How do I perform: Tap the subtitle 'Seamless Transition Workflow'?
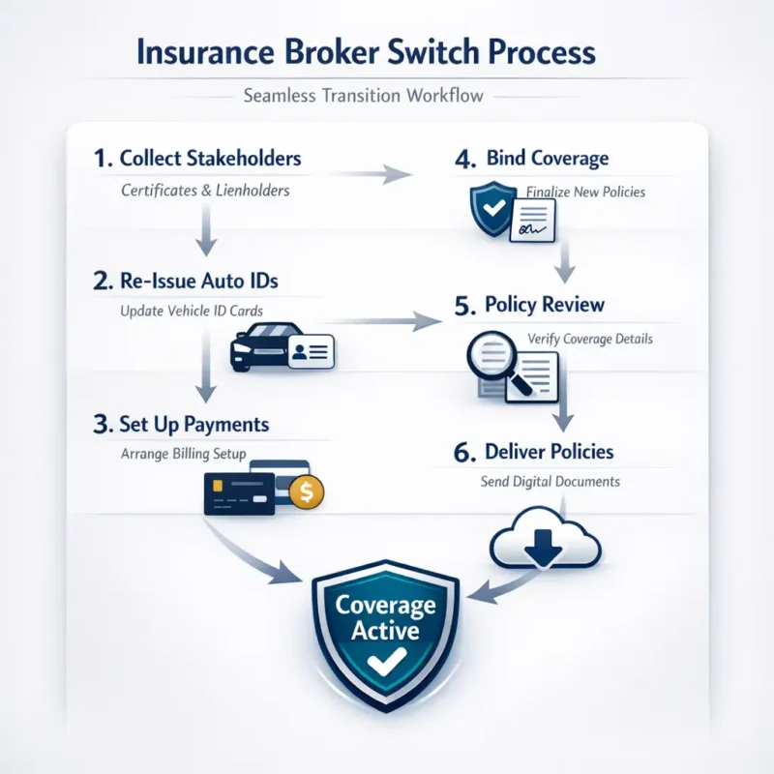pyautogui.click(x=387, y=96)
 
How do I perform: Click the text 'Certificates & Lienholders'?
pyautogui.click(x=205, y=191)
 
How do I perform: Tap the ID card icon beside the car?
pyautogui.click(x=309, y=350)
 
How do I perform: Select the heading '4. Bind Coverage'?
pyautogui.click(x=535, y=158)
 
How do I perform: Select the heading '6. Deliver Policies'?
pyautogui.click(x=534, y=452)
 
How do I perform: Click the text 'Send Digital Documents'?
pyautogui.click(x=551, y=481)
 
